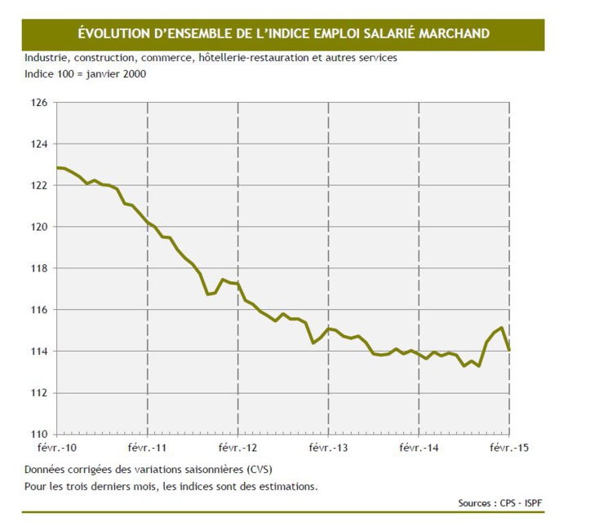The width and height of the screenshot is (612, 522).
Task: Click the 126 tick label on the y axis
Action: coord(39,103)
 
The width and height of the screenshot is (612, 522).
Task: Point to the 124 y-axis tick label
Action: coord(39,144)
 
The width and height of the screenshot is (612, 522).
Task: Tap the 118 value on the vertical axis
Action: coord(39,268)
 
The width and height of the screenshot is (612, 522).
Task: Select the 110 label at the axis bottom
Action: coord(39,434)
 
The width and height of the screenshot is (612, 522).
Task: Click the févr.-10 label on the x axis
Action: coord(57,448)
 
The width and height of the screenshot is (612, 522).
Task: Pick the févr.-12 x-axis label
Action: coord(237,448)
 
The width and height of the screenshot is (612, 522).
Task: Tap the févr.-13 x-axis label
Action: coord(328,448)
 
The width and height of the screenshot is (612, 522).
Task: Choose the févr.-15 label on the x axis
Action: coord(508,448)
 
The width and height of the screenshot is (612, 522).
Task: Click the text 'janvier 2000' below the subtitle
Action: coord(116,74)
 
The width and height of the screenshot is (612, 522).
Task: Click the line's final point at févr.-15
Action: coord(509,350)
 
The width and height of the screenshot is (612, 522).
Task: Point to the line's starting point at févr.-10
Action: coord(58,168)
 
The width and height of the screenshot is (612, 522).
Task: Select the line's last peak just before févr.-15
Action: coord(501,328)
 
